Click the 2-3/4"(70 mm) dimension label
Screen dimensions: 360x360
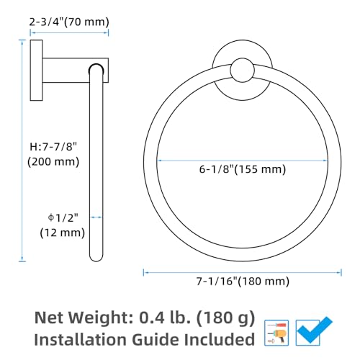pyautogui.click(x=69, y=22)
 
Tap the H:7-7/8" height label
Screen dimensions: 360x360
pyautogui.click(x=53, y=146)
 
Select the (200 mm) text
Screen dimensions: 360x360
pyautogui.click(x=53, y=161)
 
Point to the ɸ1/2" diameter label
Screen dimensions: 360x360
pyautogui.click(x=63, y=218)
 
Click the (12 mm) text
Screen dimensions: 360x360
pyautogui.click(x=63, y=233)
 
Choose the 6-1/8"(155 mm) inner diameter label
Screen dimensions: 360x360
pyautogui.click(x=243, y=169)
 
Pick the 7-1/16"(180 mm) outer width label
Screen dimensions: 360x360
pyautogui.click(x=243, y=281)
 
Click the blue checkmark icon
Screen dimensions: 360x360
pyautogui.click(x=314, y=331)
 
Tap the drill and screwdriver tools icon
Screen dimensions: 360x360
pyautogui.click(x=276, y=333)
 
